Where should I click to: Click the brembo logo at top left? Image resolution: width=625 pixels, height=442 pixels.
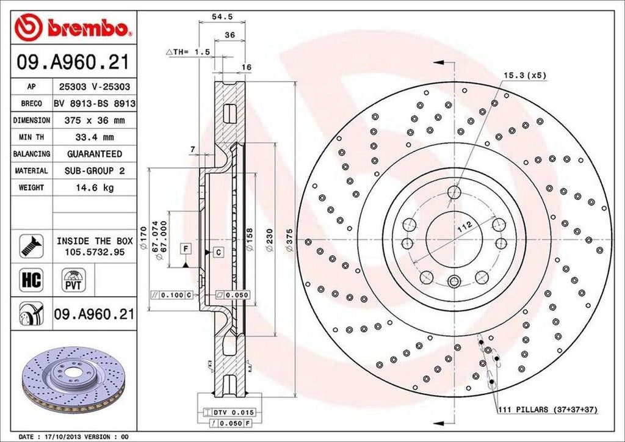[x=73, y=27]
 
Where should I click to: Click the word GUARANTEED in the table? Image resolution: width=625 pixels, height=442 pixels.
[x=94, y=154]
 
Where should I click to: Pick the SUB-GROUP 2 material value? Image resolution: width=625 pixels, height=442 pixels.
[x=94, y=171]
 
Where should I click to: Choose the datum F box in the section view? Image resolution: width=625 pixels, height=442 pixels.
[x=184, y=247]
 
